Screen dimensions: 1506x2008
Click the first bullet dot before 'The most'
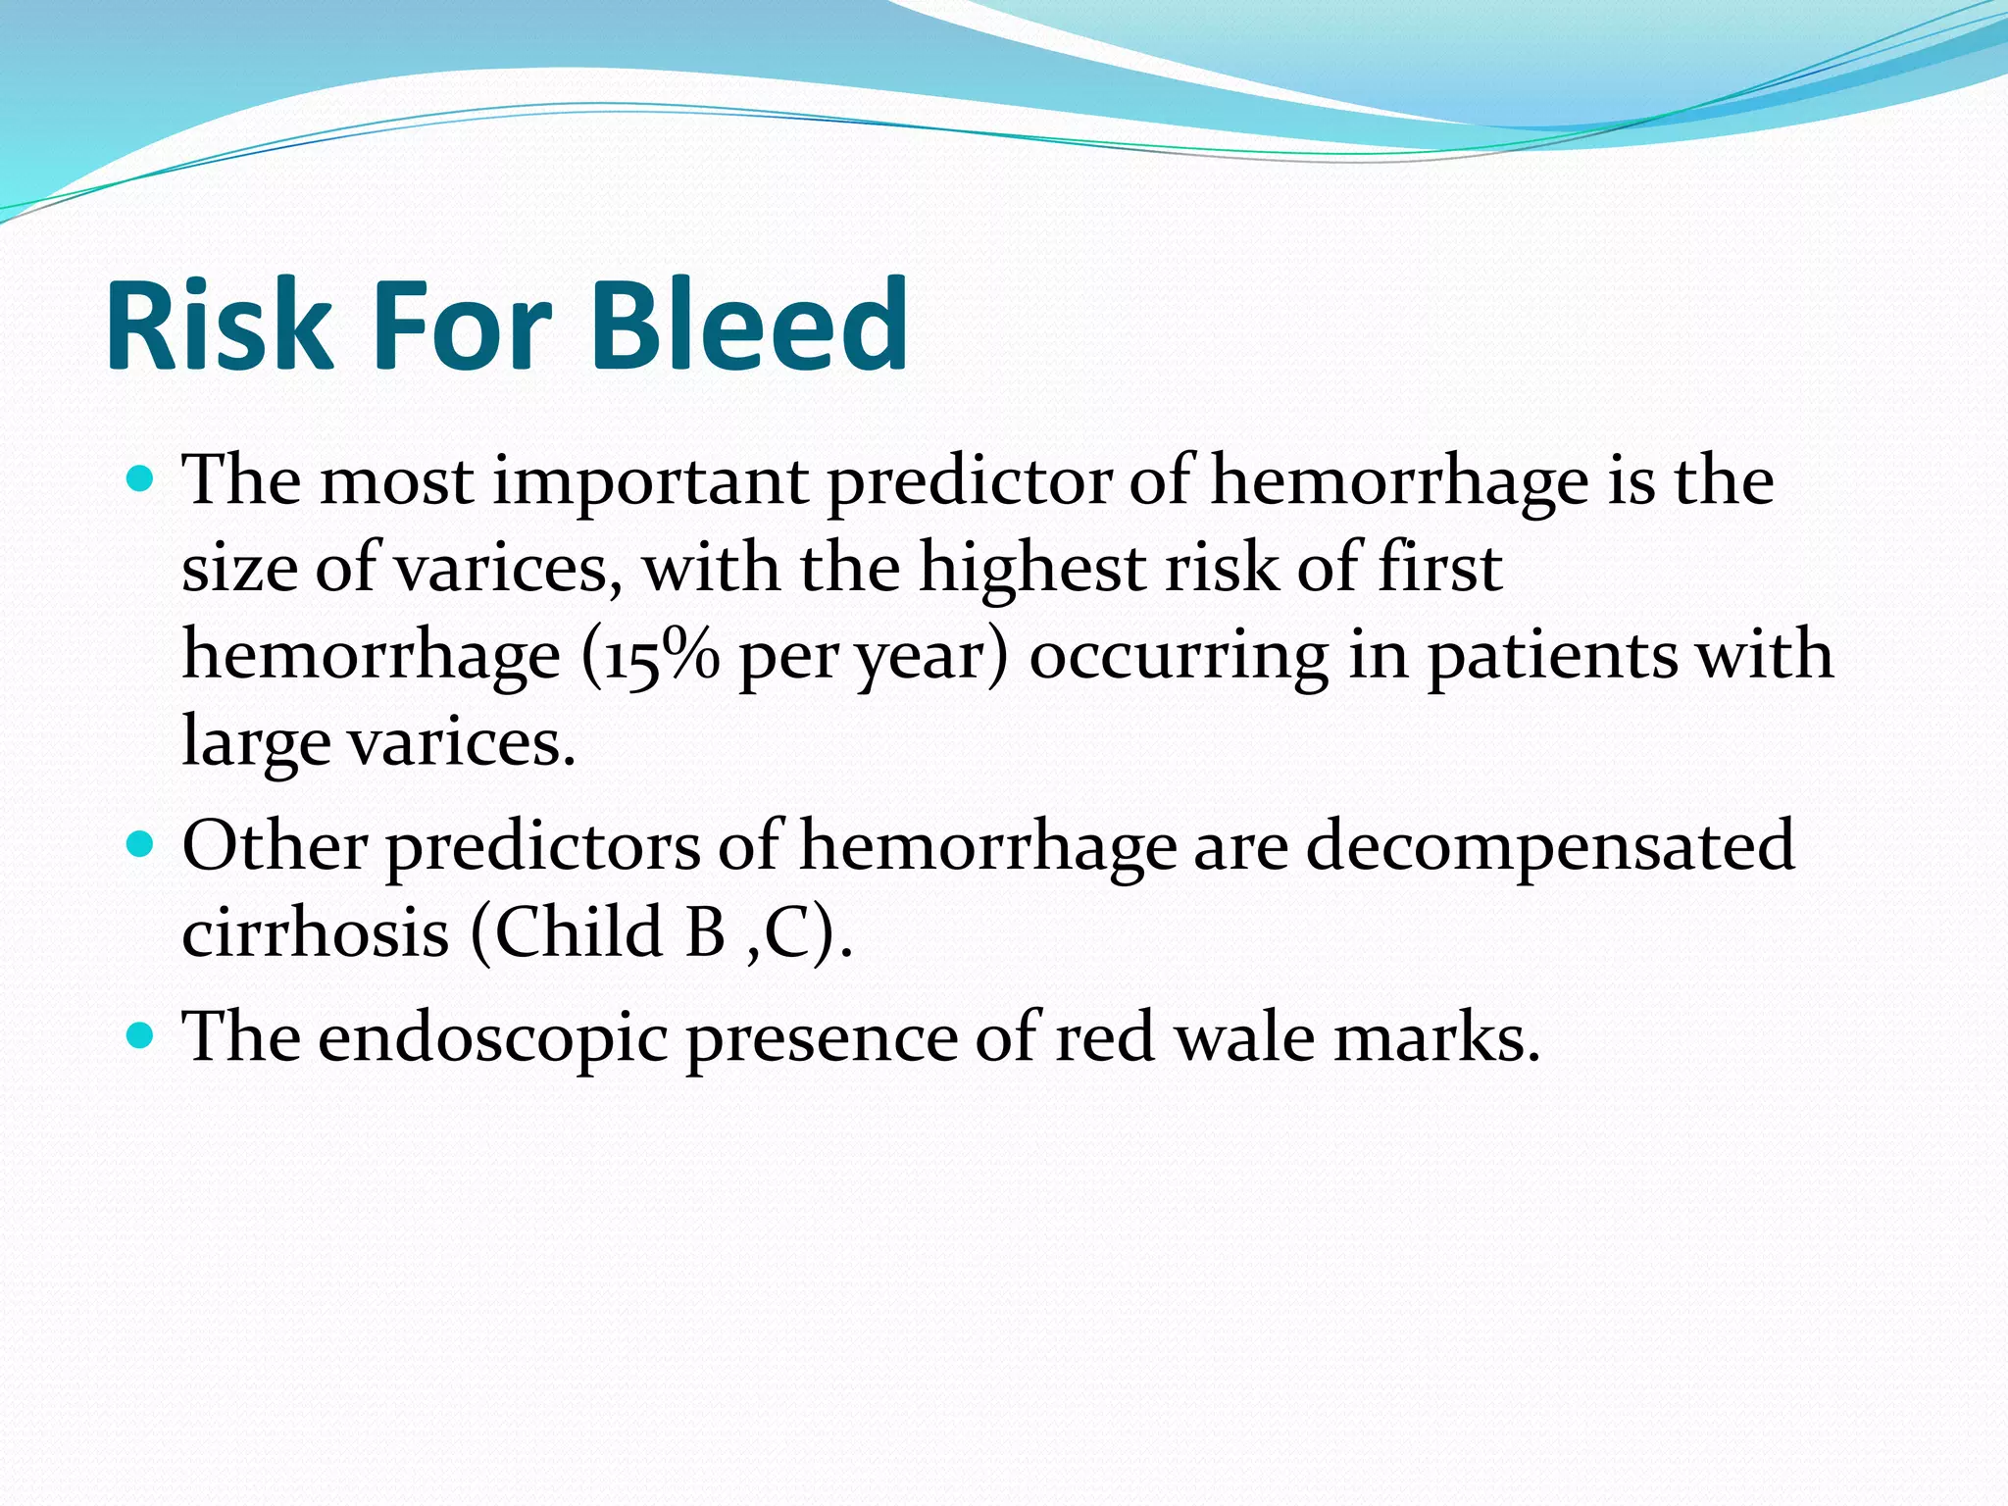click(141, 479)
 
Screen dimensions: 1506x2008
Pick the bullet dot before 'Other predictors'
click(141, 843)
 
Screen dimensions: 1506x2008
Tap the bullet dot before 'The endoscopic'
click(141, 1034)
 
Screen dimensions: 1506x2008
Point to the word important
click(650, 482)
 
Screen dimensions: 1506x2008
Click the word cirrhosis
click(315, 931)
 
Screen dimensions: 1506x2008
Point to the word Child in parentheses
click(577, 931)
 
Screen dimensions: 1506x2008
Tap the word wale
click(1244, 1037)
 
